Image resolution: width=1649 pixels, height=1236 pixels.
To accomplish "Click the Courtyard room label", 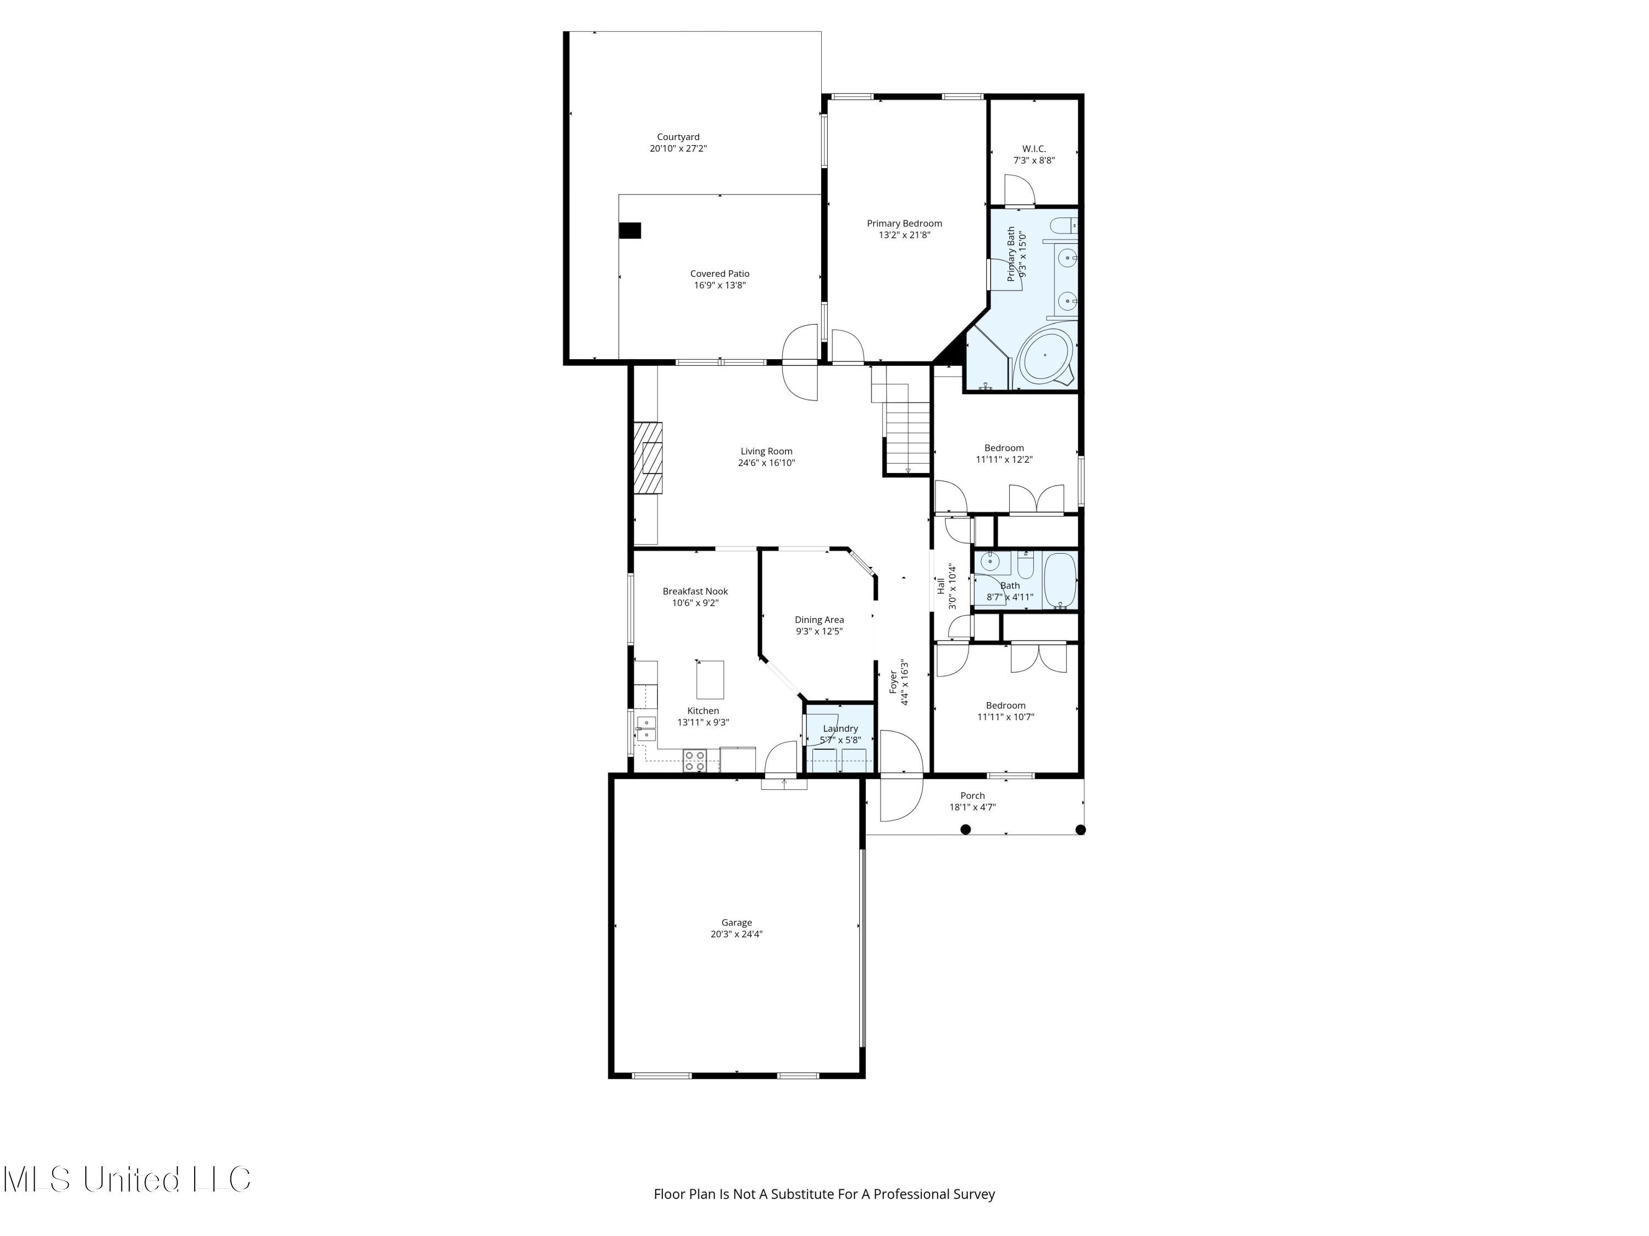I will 678,137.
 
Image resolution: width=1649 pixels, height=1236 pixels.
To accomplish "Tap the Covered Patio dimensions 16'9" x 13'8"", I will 720,285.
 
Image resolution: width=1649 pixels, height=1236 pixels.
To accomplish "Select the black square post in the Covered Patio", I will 630,231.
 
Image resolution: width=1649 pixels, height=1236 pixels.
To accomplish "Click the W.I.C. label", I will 1033,149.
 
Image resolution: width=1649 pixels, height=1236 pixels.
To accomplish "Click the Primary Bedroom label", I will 904,224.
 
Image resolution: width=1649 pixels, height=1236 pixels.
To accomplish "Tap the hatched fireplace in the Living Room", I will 648,458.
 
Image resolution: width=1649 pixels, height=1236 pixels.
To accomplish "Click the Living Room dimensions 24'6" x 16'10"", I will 766,463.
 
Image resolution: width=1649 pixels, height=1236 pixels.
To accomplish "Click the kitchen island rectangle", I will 710,679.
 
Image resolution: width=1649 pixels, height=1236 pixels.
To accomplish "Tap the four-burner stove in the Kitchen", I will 695,761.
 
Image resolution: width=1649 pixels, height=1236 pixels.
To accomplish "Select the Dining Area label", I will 818,620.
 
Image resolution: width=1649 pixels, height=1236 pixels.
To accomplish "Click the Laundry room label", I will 840,728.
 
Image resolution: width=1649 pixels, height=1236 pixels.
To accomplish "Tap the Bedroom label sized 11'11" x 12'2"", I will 1003,448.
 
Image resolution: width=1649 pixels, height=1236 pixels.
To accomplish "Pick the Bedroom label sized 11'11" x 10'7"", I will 1005,705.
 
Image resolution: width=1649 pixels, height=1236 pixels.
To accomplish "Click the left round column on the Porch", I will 965,829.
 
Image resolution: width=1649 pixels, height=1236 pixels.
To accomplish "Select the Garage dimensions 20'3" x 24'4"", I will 737,934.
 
